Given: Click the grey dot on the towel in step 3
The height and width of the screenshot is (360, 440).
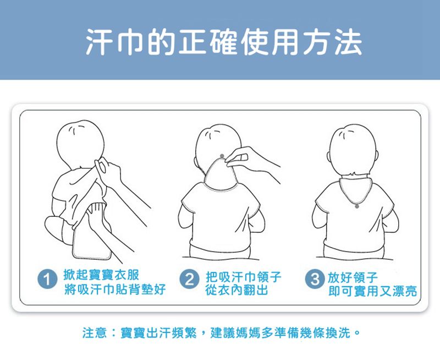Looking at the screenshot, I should [357, 206].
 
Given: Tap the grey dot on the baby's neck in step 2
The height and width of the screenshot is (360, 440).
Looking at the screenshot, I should [221, 158].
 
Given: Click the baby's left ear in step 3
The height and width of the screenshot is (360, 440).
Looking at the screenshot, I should [329, 160].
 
